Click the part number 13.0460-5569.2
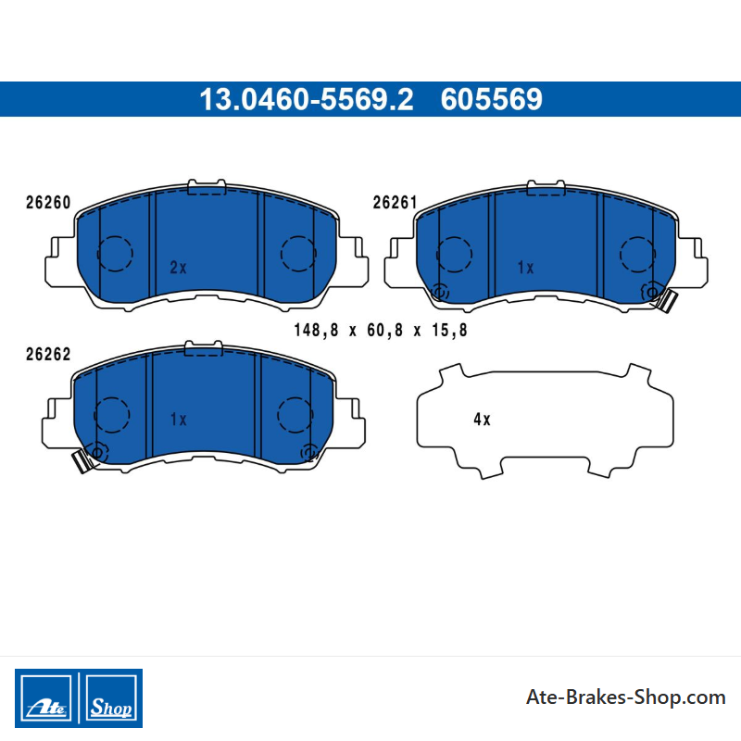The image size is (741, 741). (307, 99)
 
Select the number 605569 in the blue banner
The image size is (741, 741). (492, 99)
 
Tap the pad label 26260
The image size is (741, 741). (48, 202)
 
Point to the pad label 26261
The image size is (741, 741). (396, 202)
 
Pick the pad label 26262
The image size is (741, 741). (48, 354)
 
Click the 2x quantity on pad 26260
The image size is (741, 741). (178, 268)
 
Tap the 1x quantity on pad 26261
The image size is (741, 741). (525, 268)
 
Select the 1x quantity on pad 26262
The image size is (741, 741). (178, 419)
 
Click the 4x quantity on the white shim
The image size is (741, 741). (482, 419)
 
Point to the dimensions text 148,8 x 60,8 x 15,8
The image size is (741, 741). (381, 330)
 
